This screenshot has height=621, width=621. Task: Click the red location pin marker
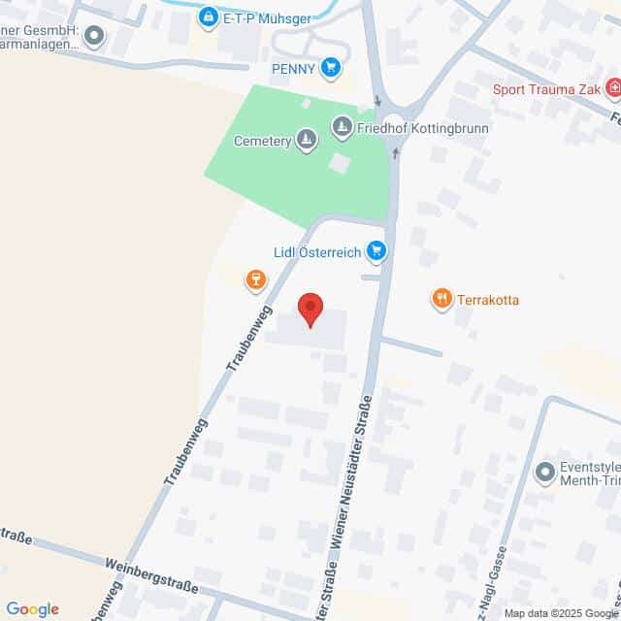[310, 310]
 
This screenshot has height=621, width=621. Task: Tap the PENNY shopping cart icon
[333, 67]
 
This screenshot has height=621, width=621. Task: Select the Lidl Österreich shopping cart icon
[376, 252]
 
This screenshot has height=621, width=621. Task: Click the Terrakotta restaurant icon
[442, 299]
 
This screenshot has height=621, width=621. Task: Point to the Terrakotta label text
[488, 300]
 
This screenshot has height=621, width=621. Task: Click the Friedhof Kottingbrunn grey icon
[342, 127]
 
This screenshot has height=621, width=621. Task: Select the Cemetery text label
[263, 141]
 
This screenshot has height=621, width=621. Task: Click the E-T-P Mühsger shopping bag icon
[209, 16]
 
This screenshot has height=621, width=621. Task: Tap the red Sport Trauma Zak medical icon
[613, 90]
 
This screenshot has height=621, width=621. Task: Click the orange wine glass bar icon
[256, 280]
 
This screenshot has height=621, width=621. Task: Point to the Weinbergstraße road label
[149, 575]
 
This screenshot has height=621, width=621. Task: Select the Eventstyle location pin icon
[543, 473]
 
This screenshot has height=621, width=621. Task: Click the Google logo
[32, 609]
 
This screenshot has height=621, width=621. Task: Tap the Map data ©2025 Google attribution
[561, 613]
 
